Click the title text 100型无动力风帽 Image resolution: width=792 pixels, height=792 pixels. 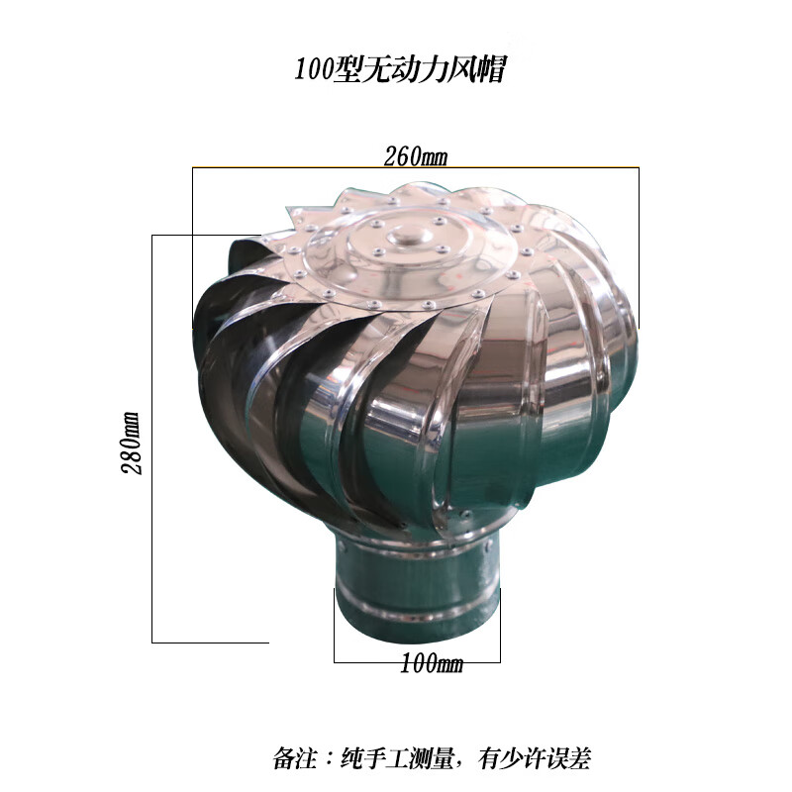coord(400,70)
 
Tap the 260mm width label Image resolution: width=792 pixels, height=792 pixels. coord(415,155)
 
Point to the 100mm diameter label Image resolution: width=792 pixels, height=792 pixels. coord(431,664)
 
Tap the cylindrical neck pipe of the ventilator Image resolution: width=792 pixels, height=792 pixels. coord(416,594)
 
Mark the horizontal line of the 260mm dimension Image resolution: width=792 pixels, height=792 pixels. coord(297,166)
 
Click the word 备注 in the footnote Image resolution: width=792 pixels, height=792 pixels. coord(293,759)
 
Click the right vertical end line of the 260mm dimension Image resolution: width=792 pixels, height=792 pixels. coord(639,247)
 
